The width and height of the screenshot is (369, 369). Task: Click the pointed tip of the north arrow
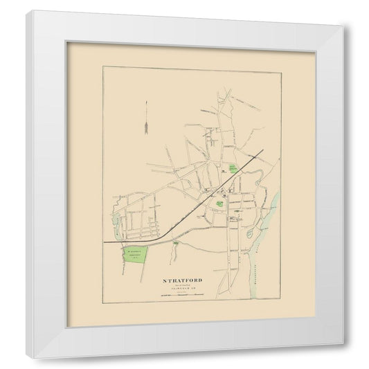click(x=147, y=104)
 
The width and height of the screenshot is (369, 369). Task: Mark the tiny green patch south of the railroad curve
click(x=179, y=244)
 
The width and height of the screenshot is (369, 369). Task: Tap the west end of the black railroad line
click(x=105, y=242)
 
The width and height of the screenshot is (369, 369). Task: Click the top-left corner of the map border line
click(x=102, y=66)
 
